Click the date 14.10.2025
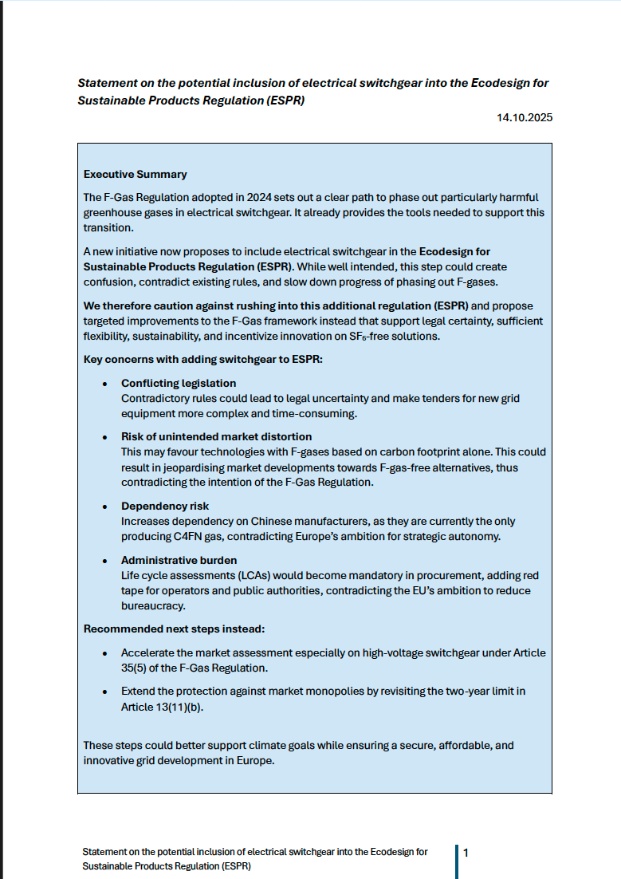(x=523, y=117)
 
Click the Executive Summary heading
(x=135, y=174)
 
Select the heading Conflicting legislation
(x=179, y=384)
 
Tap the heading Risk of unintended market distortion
(x=216, y=437)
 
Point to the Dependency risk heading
(x=164, y=507)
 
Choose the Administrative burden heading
(x=179, y=561)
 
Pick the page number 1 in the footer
(x=466, y=853)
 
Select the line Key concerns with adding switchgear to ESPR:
(x=202, y=360)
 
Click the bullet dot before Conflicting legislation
(x=105, y=384)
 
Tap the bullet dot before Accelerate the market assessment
(x=105, y=652)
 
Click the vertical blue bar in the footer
(x=457, y=861)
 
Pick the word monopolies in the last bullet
(x=315, y=691)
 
